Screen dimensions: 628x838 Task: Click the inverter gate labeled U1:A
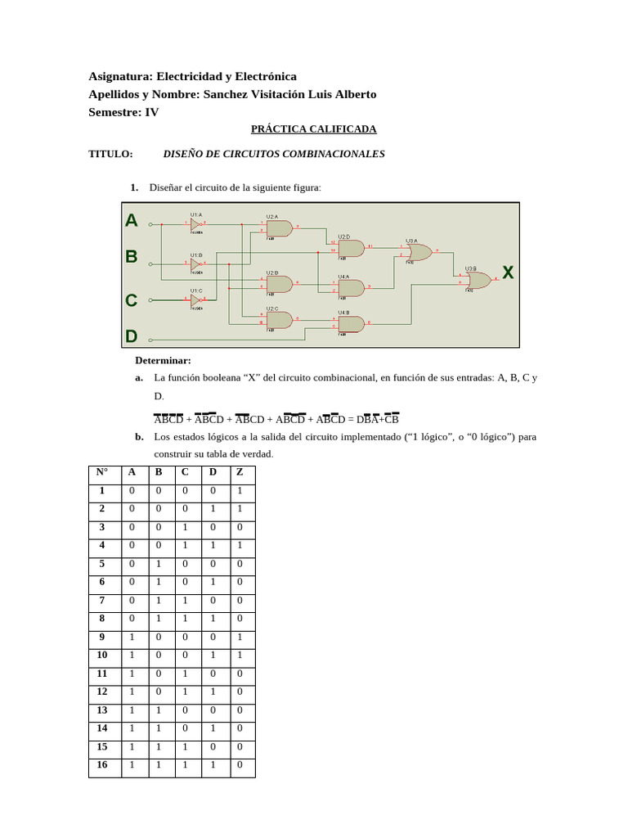click(x=195, y=223)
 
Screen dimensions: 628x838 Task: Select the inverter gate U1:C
click(x=195, y=300)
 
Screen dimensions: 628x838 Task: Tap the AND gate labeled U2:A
click(x=279, y=228)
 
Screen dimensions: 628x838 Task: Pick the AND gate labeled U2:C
click(x=279, y=320)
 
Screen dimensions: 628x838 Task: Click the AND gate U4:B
click(x=351, y=324)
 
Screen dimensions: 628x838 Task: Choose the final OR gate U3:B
click(x=478, y=281)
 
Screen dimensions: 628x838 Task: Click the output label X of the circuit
click(x=508, y=273)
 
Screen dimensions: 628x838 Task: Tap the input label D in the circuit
click(x=131, y=336)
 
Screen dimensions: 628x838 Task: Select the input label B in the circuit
click(x=131, y=256)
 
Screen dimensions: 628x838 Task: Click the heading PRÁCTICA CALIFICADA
click(x=313, y=129)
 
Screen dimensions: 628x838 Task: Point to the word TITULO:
click(x=110, y=154)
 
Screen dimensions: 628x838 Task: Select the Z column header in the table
click(x=240, y=472)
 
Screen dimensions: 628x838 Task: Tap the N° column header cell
click(x=102, y=472)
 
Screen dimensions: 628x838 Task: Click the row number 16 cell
click(x=102, y=765)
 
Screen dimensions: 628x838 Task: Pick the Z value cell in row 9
click(x=240, y=638)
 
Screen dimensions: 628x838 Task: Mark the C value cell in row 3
click(x=185, y=527)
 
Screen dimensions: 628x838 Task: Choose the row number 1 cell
click(x=102, y=491)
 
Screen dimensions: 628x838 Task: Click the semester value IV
click(x=152, y=112)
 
